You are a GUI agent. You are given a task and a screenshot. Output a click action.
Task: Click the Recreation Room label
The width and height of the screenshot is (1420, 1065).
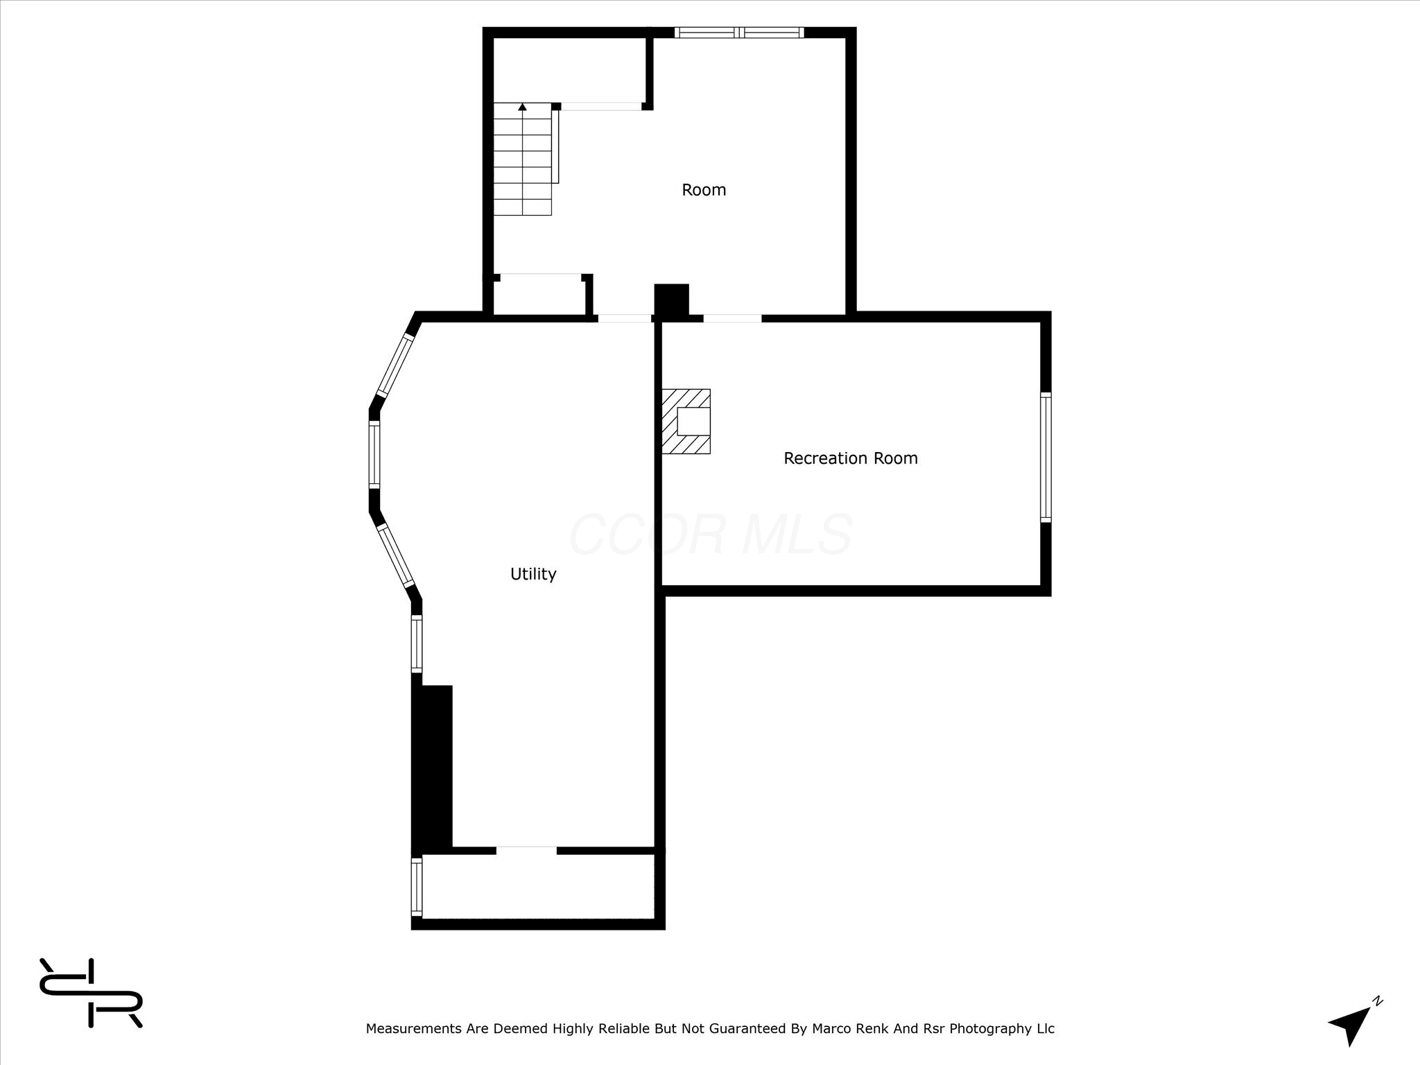851,458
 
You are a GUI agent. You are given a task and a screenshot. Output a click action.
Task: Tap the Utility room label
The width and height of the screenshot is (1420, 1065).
533,574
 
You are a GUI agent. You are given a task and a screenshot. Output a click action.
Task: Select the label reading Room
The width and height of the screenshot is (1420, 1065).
704,190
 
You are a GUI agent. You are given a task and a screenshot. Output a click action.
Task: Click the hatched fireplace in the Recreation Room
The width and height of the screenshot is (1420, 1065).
686,422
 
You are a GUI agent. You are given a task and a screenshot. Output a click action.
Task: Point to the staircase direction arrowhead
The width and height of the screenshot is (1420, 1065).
522,107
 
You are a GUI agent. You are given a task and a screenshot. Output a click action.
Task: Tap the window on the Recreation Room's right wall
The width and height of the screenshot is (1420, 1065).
1046,457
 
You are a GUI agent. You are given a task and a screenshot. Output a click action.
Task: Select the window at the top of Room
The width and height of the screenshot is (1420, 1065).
739,32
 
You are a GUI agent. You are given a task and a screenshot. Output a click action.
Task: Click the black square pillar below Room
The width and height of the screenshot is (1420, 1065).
671,301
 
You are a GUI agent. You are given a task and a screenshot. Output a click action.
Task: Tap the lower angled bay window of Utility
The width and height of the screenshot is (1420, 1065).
395,556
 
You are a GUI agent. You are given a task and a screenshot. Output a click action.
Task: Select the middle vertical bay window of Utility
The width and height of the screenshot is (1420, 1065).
374,455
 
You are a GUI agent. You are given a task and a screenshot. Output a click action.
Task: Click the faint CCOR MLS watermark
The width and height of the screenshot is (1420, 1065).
711,535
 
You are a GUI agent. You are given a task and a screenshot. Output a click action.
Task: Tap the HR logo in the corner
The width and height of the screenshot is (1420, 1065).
91,993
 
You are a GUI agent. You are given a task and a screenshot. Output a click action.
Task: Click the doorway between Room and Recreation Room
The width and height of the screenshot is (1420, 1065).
732,318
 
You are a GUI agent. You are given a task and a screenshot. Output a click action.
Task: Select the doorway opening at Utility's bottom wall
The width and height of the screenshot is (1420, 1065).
526,850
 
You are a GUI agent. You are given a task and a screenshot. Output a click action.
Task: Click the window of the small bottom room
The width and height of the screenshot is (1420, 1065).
417,886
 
